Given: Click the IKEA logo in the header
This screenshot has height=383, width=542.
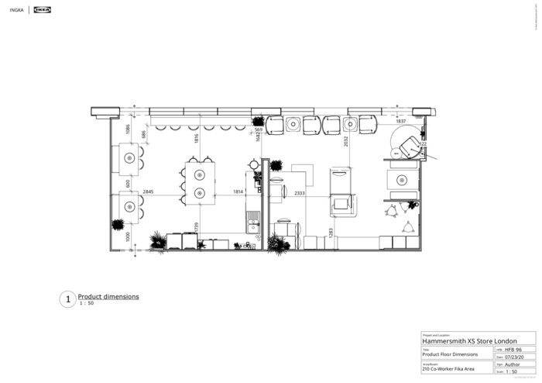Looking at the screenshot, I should point(43,11).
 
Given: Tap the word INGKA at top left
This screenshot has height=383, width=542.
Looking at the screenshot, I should point(16,11).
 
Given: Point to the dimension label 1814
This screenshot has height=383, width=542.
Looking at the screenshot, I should point(240,191).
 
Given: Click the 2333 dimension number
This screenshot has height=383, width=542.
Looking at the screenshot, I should point(298,191).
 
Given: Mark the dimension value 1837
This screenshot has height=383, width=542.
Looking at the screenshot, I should point(400,122).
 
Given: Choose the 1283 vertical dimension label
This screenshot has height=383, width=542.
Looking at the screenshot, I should point(331,231).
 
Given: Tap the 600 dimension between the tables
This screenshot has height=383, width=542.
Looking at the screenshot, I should point(128,184).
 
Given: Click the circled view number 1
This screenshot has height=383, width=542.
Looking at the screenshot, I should point(67,298).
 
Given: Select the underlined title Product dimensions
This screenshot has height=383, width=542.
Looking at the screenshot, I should point(108,296).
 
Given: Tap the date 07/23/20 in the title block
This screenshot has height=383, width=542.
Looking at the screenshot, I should point(516,357).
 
